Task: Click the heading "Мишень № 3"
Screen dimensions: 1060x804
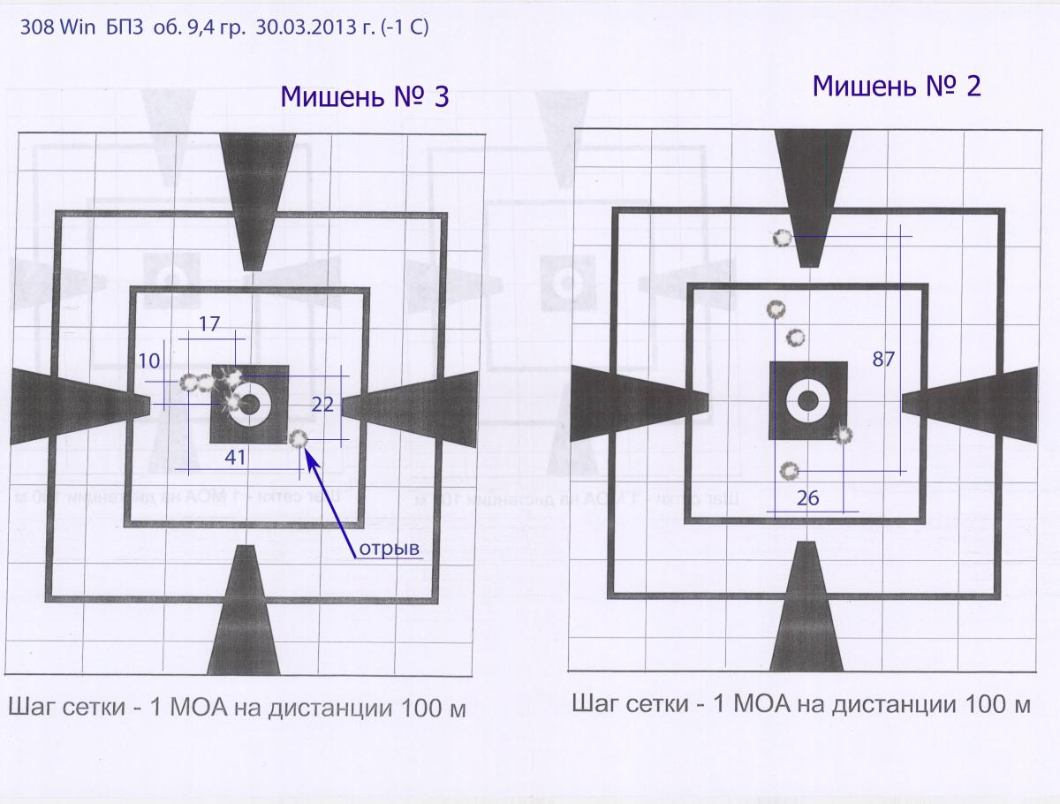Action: pyautogui.click(x=365, y=96)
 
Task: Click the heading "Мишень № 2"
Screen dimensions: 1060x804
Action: pyautogui.click(x=897, y=87)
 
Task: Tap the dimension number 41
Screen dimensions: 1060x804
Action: pyautogui.click(x=235, y=458)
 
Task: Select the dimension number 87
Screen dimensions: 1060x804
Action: pyautogui.click(x=883, y=360)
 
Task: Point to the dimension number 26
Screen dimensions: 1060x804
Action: pyautogui.click(x=807, y=497)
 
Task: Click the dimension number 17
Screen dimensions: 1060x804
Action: pyautogui.click(x=209, y=324)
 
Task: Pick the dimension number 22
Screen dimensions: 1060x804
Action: pyautogui.click(x=322, y=404)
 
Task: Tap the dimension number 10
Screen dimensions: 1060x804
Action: pyautogui.click(x=149, y=360)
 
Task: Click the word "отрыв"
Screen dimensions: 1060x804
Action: pyautogui.click(x=390, y=549)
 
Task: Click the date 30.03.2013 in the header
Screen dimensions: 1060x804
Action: pyautogui.click(x=309, y=27)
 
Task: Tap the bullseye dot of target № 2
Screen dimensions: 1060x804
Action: pyautogui.click(x=808, y=400)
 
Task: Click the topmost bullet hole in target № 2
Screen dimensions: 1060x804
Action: pyautogui.click(x=782, y=238)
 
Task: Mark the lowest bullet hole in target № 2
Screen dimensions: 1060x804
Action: pyautogui.click(x=789, y=471)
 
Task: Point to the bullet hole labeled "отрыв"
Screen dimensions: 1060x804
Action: pyautogui.click(x=298, y=439)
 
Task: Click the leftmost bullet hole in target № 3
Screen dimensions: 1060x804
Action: pyautogui.click(x=187, y=383)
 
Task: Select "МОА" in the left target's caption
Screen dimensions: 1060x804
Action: pyautogui.click(x=199, y=708)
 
